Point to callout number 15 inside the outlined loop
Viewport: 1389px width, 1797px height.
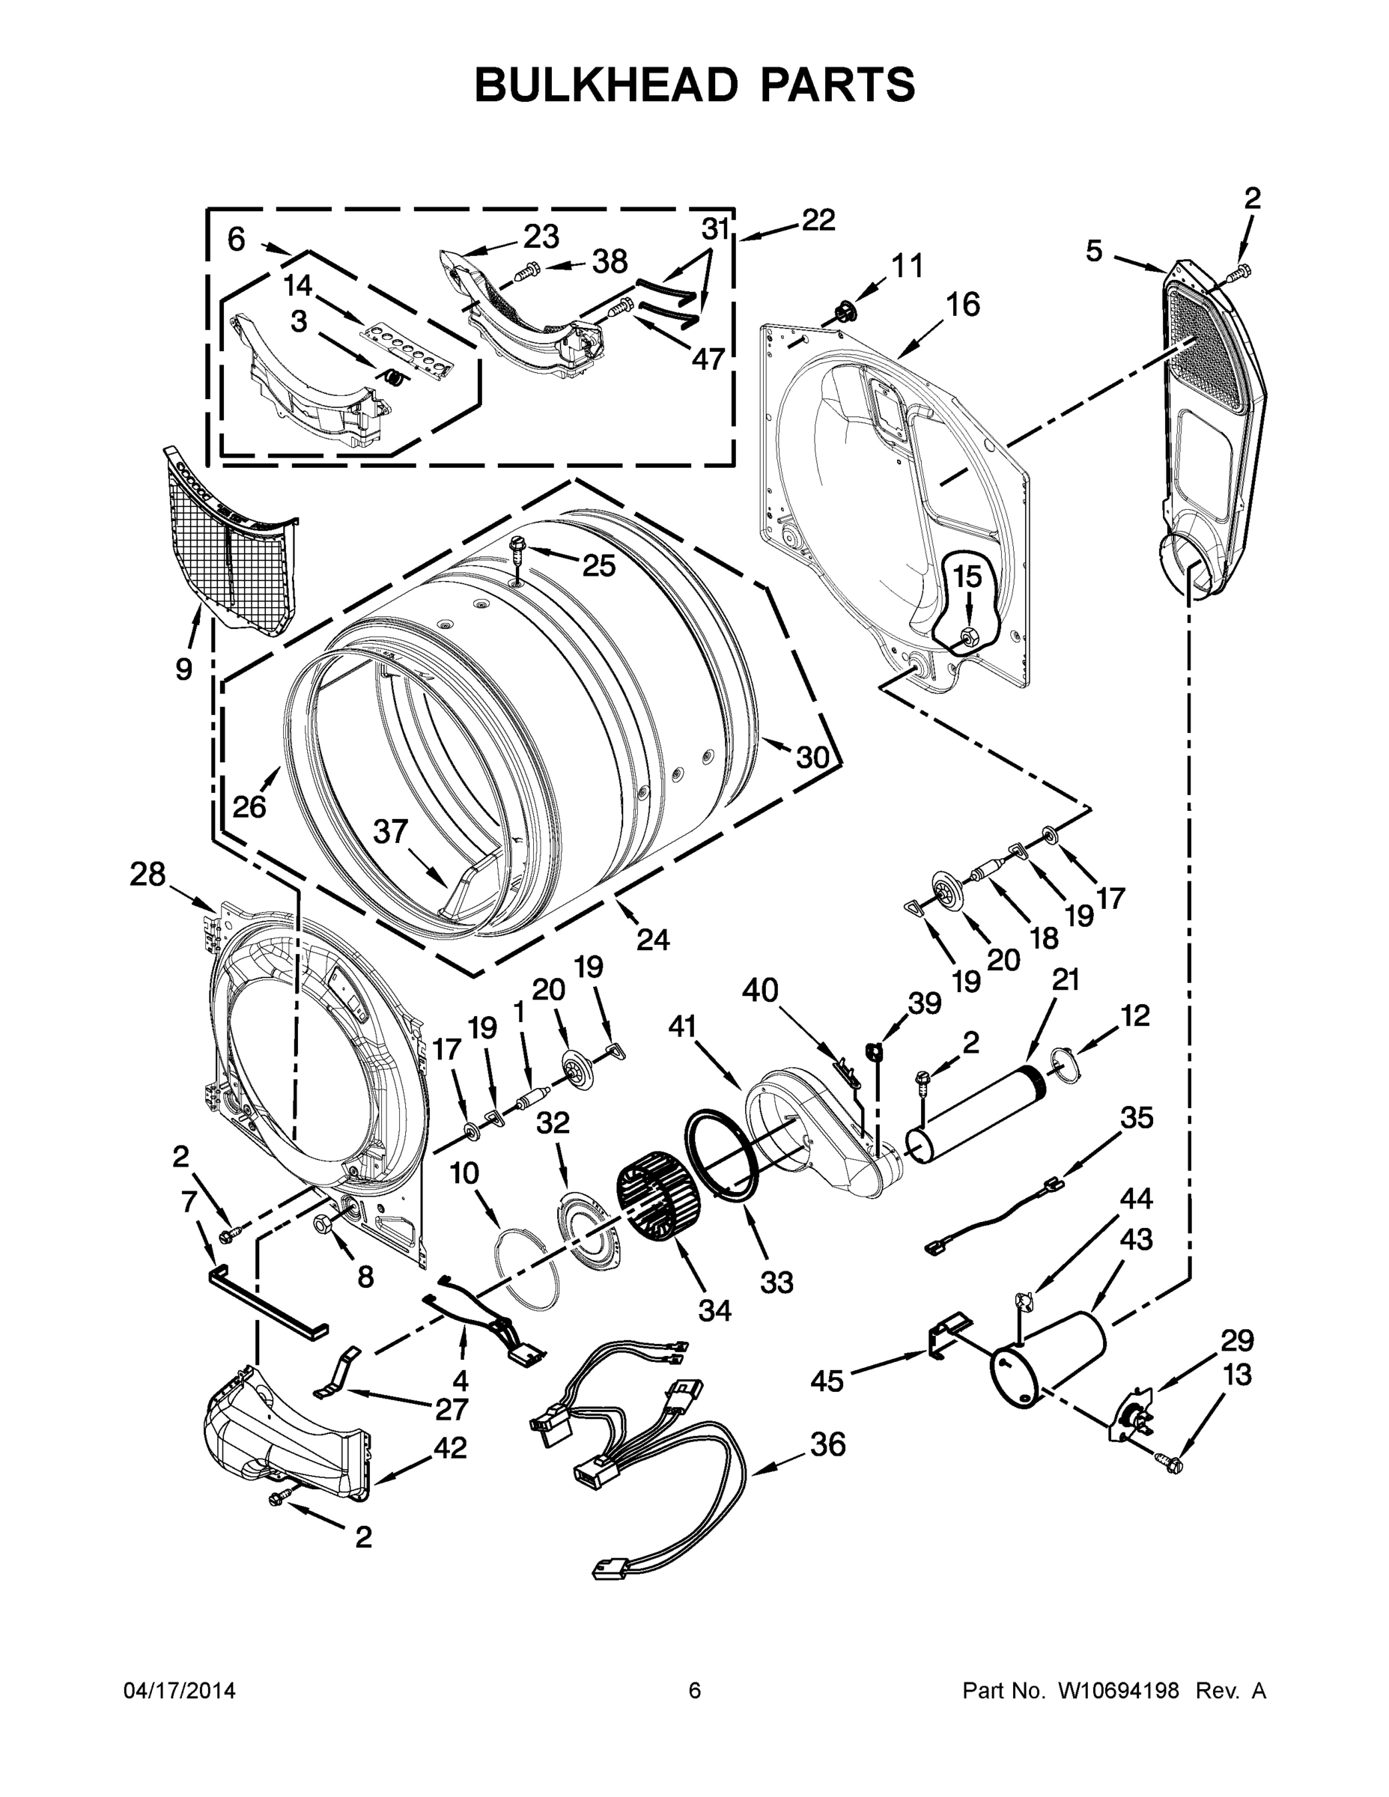[x=967, y=577]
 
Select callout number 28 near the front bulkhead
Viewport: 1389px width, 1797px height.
[x=148, y=875]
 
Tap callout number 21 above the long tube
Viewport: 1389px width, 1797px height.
[x=1066, y=980]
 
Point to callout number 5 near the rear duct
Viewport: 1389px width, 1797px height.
[x=1092, y=252]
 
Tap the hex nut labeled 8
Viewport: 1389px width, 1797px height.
[x=323, y=1223]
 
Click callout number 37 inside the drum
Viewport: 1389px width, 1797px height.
[x=390, y=832]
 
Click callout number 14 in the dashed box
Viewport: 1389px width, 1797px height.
[x=298, y=285]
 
